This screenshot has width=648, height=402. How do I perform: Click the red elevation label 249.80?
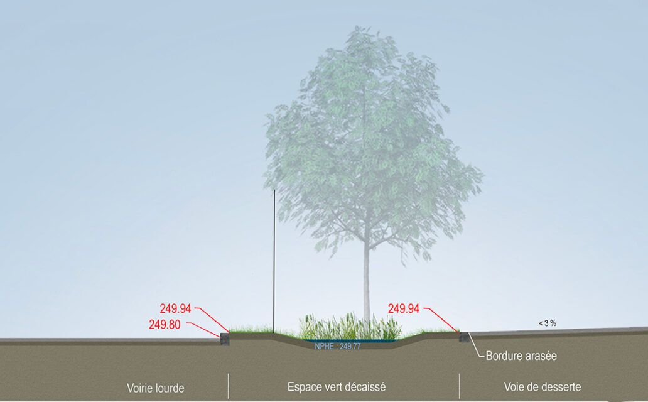tap(165, 325)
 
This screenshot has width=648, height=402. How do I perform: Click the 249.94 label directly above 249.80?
tap(175, 308)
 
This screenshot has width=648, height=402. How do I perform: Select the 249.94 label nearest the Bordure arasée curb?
tap(403, 308)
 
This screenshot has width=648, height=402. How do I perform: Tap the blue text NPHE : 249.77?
tap(338, 346)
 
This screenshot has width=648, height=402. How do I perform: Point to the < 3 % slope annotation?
tap(548, 323)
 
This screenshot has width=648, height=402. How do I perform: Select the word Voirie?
tap(139, 388)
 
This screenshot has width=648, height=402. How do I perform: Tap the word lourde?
tap(170, 388)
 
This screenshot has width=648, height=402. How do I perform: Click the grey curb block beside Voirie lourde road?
tap(224, 339)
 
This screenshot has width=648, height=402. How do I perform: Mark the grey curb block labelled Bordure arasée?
tap(464, 337)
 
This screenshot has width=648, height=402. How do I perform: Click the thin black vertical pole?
tap(274, 261)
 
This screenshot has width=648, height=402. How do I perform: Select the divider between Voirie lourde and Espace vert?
tap(228, 386)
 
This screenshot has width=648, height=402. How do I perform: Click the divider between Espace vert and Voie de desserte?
tap(459, 386)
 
